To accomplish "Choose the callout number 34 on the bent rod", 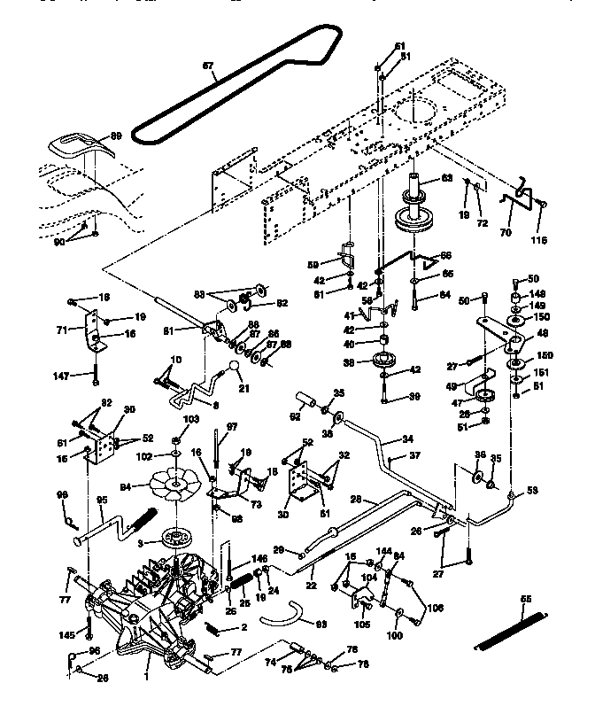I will click(407, 438).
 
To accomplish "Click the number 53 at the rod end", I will click(532, 489).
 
